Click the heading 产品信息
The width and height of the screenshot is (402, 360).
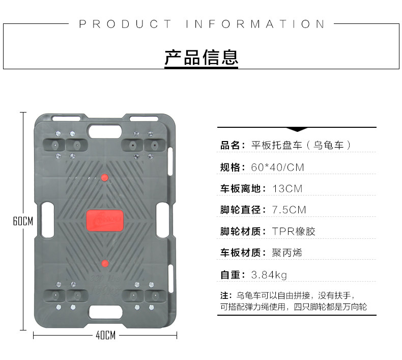201,57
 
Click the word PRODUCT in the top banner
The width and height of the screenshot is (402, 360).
125,24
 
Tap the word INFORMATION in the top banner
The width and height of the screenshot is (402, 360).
255,24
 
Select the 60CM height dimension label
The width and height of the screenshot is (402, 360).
23,221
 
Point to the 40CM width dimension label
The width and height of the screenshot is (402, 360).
105,336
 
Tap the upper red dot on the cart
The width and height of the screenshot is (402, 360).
105,177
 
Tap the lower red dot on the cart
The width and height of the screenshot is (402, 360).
105,263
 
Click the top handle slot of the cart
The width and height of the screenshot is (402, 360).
105,130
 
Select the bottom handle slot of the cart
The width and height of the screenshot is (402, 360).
105,310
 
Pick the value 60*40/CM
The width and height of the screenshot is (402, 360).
277,167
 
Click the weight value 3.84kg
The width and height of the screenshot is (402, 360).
269,275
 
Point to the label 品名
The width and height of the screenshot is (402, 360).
229,145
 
